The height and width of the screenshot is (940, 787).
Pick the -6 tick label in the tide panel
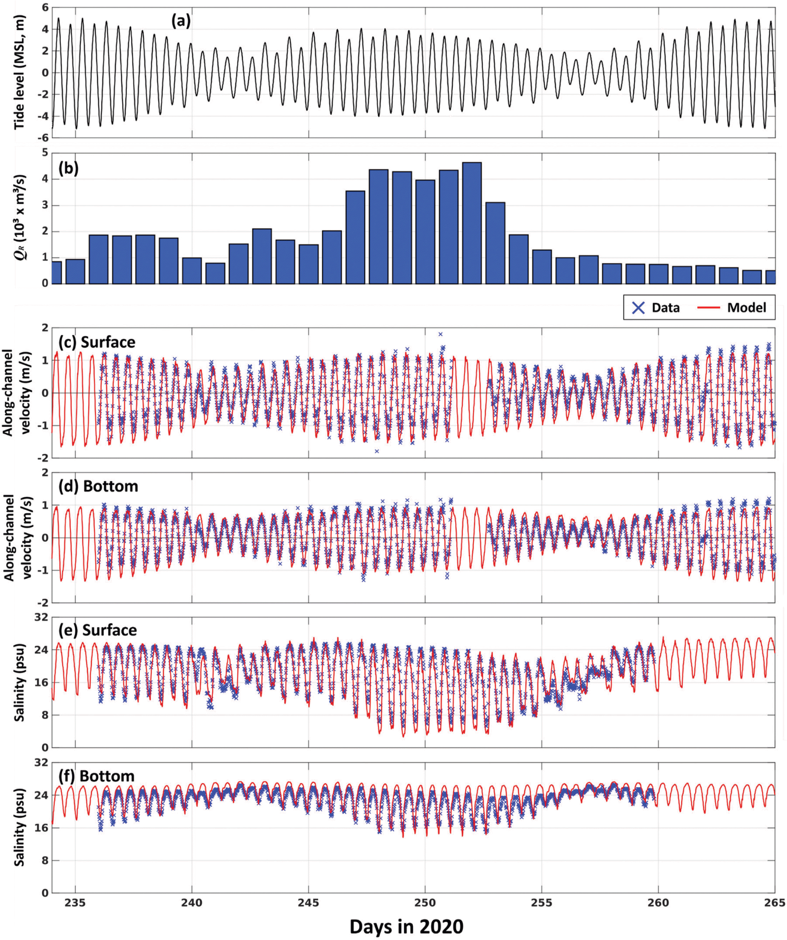[x=42, y=138]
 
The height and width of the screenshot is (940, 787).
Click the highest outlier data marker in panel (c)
[x=441, y=334]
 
